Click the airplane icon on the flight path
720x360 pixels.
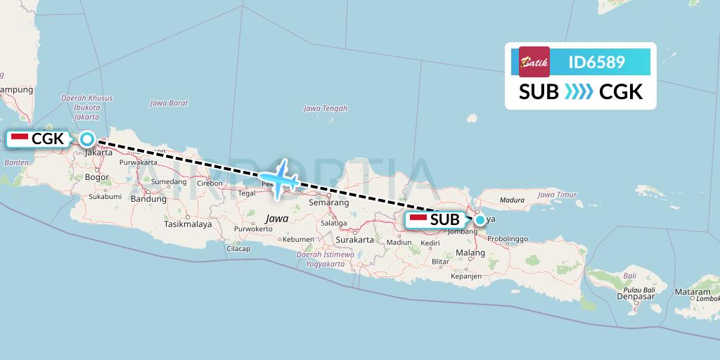pos(281,180)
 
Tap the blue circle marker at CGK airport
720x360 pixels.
pos(86,139)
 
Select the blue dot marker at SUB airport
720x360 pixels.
pos(480,220)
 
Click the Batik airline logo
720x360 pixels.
pos(534,62)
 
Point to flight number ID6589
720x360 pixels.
pos(596,63)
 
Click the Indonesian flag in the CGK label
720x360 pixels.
pos(19,139)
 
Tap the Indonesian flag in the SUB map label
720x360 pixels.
pos(418,220)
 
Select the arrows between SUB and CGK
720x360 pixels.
pos(579,92)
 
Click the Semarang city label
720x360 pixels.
pos(329,202)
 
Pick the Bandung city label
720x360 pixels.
pos(148,199)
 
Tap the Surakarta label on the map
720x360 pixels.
pos(354,240)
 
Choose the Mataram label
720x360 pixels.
pos(692,291)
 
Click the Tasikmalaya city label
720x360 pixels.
pos(188,224)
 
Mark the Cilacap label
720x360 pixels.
pos(238,248)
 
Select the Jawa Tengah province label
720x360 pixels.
pos(325,108)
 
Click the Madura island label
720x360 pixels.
pos(512,200)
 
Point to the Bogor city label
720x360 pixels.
pos(96,177)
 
